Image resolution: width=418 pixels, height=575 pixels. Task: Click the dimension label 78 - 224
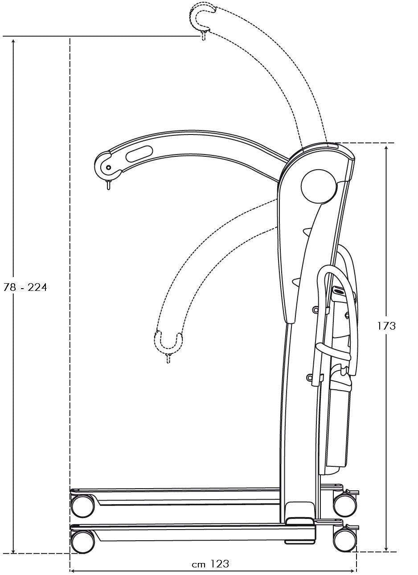tap(25, 288)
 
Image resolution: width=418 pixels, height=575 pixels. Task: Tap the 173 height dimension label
tap(386, 326)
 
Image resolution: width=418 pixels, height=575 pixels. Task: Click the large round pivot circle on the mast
tap(319, 186)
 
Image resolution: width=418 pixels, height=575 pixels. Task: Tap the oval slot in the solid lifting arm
tap(139, 154)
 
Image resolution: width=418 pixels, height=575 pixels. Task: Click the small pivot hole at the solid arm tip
tap(109, 167)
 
